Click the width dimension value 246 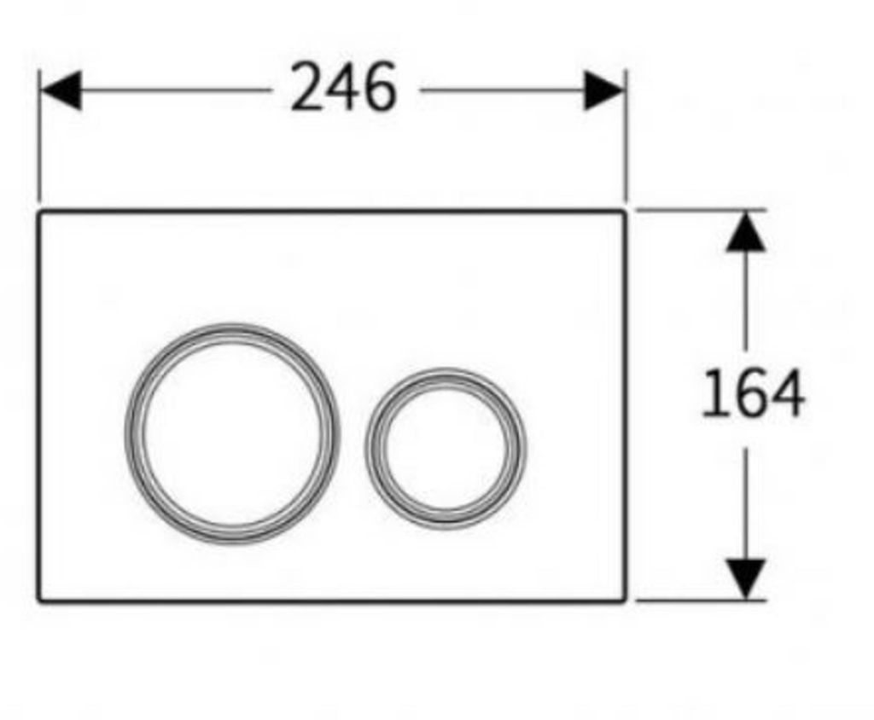tap(344, 88)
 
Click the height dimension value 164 tap(753, 393)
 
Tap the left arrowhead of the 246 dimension tap(61, 90)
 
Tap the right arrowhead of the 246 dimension tap(603, 90)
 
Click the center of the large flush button tap(232, 433)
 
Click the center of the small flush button tap(446, 449)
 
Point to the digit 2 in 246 tap(307, 88)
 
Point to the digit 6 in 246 tap(380, 88)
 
